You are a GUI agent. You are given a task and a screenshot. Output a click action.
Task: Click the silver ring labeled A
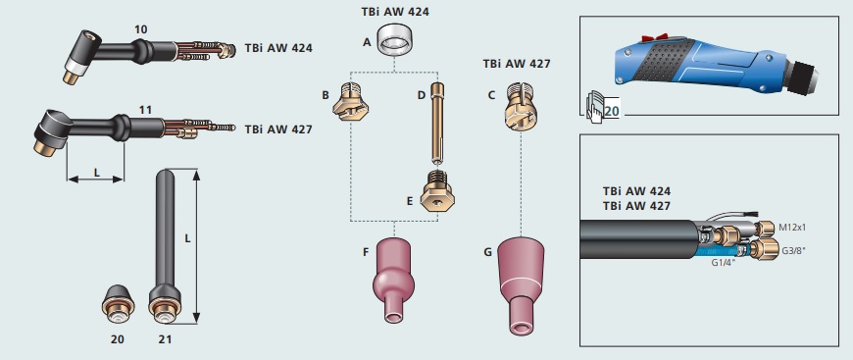(x=394, y=41)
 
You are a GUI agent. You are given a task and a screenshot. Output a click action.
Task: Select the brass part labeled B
(x=351, y=101)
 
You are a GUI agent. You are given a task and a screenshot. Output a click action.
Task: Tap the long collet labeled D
(x=437, y=123)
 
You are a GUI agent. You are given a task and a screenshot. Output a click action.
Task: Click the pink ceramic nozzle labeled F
(x=393, y=280)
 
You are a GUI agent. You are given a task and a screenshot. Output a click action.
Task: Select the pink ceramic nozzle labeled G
(x=521, y=285)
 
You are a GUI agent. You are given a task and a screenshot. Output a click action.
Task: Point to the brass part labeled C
(x=521, y=107)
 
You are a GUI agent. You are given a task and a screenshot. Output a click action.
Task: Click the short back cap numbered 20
(x=118, y=302)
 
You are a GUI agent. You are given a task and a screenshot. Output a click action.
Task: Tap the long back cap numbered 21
(x=165, y=246)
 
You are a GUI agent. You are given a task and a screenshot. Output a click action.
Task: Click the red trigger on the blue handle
(x=654, y=37)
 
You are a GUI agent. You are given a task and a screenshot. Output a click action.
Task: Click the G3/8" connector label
(x=795, y=251)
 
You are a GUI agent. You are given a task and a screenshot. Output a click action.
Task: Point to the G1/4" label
(x=724, y=263)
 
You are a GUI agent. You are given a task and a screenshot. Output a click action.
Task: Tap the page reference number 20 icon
(x=603, y=107)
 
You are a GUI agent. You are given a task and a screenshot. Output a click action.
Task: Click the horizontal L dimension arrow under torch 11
(x=95, y=179)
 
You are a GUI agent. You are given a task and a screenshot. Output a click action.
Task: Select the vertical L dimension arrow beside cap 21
(x=196, y=246)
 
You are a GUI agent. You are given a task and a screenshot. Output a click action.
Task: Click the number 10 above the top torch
(x=141, y=29)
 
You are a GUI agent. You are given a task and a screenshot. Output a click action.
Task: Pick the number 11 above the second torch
(x=145, y=110)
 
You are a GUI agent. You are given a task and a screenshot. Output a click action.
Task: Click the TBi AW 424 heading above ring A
(x=395, y=12)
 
